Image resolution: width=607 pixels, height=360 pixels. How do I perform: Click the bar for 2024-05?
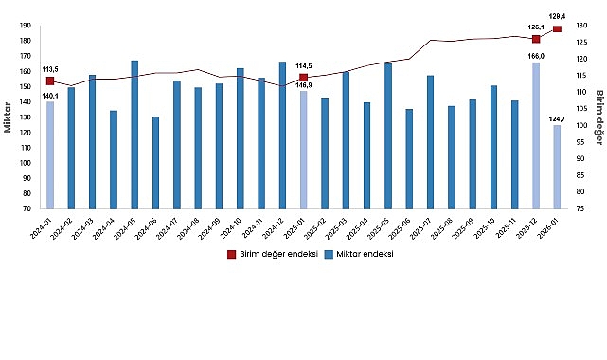click(x=135, y=135)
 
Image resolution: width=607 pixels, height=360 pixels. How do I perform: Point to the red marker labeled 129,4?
click(x=557, y=29)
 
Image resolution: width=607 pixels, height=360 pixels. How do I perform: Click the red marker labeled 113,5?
click(x=50, y=81)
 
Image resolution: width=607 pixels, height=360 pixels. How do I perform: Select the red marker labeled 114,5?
click(x=303, y=78)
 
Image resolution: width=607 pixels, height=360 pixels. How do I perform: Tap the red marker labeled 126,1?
click(x=536, y=39)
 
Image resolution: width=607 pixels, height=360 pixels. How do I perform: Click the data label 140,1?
click(x=50, y=96)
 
